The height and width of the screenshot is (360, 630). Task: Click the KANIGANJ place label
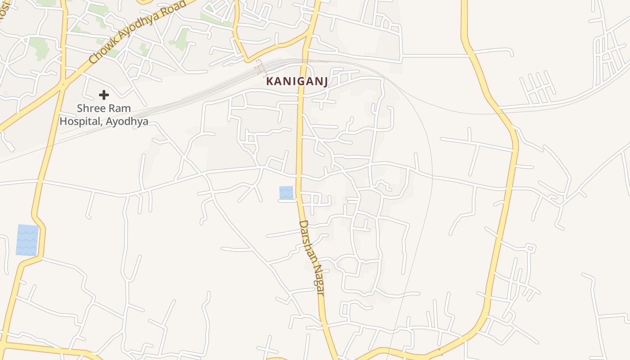point(297,81)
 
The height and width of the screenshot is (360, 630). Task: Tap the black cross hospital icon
point(104,95)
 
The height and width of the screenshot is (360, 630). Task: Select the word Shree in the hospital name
point(91,108)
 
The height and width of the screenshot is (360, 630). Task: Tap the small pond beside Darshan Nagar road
point(286,193)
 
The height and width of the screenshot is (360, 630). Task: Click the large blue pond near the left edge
point(27,240)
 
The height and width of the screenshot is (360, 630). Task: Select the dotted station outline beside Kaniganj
point(260,67)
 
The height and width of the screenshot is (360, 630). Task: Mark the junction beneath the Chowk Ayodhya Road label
point(63,84)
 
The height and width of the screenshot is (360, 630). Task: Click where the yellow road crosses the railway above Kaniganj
point(305,59)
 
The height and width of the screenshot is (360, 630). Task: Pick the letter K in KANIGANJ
point(270,81)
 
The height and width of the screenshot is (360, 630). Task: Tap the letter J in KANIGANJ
point(325,81)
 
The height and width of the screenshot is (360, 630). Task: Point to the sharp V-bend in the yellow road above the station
point(246,59)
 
